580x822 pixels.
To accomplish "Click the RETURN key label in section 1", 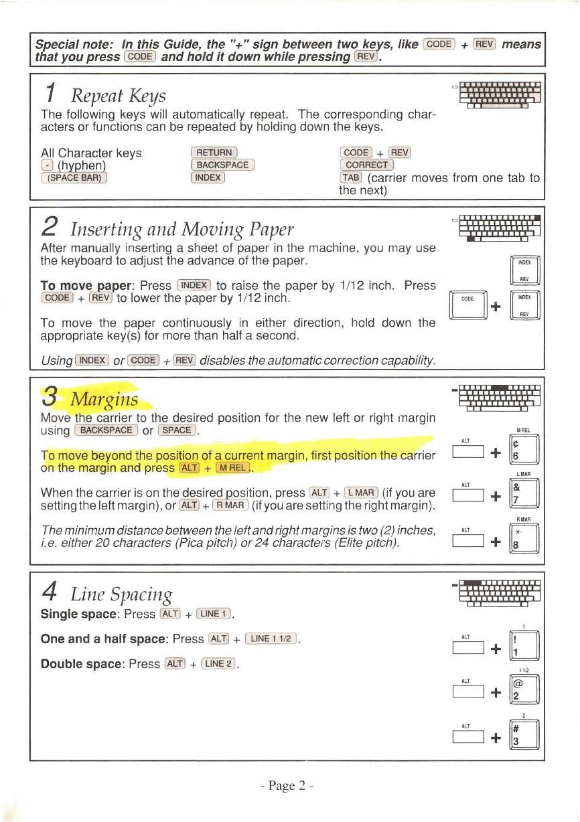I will (214, 153).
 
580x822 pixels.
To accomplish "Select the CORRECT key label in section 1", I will (366, 165).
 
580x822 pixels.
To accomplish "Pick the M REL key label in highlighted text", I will (230, 467).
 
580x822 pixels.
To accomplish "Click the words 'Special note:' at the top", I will (76, 45).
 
